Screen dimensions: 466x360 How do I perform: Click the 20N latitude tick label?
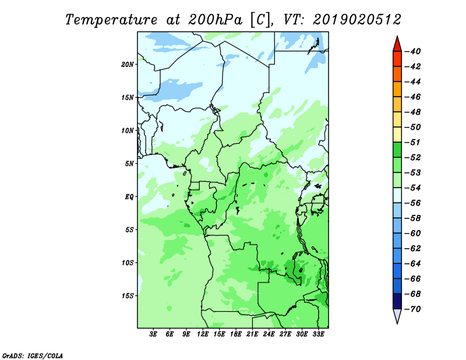tap(128, 65)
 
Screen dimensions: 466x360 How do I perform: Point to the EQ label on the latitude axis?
tap(129, 197)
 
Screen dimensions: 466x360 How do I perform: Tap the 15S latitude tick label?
tap(128, 296)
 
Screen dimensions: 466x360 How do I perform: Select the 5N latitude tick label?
tap(129, 164)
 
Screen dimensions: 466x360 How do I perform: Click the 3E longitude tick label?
tap(153, 334)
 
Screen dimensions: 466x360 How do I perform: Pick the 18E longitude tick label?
tap(236, 334)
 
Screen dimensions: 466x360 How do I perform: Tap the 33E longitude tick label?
tap(318, 334)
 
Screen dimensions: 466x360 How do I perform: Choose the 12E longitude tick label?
tap(203, 334)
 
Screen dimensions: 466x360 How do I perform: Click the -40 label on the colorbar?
tap(413, 51)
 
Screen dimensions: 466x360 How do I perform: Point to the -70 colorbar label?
tap(413, 309)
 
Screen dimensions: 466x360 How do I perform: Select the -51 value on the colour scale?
tap(413, 142)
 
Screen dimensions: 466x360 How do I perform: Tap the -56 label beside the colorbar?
tap(413, 203)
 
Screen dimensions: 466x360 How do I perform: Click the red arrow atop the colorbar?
tap(397, 45)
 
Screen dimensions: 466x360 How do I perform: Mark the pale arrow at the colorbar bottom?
tap(397, 316)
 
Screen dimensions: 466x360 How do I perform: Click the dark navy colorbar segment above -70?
tap(397, 301)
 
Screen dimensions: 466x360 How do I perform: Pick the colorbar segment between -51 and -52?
tap(397, 150)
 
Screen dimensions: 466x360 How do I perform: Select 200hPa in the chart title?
tap(216, 20)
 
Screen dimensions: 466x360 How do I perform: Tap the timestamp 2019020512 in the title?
tap(356, 20)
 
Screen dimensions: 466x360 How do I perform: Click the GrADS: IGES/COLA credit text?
tap(33, 356)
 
